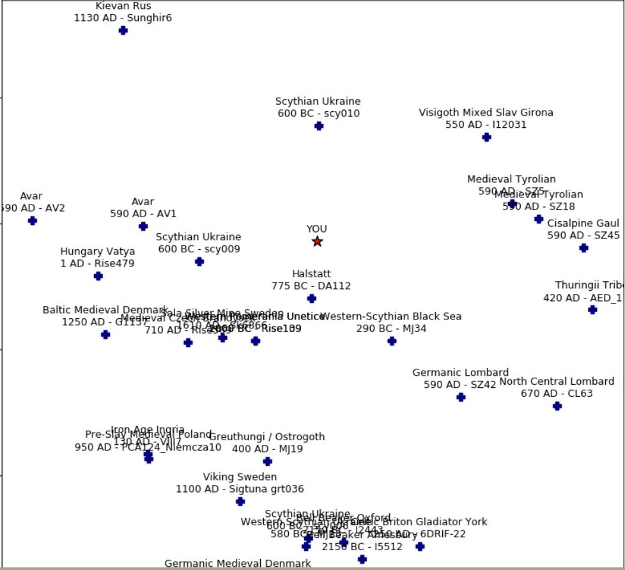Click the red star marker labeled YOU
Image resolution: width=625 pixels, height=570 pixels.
pos(317,242)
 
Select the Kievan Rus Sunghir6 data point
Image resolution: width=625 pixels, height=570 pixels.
pos(123,31)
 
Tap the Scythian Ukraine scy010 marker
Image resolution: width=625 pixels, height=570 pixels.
pos(319,126)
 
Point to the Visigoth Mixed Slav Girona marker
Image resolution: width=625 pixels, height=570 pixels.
pos(486,137)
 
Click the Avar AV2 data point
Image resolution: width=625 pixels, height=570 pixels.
pos(33,220)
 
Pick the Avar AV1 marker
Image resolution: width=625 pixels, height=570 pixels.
pos(143,226)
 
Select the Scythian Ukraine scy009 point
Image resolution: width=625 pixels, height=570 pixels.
pos(199,261)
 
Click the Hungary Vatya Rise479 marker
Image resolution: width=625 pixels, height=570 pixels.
pos(98,276)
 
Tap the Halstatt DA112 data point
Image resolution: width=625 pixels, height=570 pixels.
pos(312,298)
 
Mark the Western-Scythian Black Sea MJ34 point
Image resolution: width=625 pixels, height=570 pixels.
pos(392,341)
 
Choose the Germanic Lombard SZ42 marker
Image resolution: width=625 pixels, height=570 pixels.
pos(461,397)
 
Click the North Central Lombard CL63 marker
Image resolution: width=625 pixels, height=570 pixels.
pos(557,406)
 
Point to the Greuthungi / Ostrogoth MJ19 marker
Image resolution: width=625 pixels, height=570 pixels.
pos(268,461)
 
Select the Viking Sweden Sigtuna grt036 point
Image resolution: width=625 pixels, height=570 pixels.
pos(240,502)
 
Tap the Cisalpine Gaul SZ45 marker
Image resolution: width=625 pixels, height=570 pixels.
pos(583,248)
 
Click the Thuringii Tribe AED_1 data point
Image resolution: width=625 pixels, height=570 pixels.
pos(592,310)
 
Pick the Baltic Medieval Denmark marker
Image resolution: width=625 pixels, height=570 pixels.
pos(105,334)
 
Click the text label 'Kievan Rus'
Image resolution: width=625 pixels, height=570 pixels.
pos(123,6)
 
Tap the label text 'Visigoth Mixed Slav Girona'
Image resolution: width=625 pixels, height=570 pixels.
pos(486,112)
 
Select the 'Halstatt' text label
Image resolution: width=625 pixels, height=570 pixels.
pos(312,273)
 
